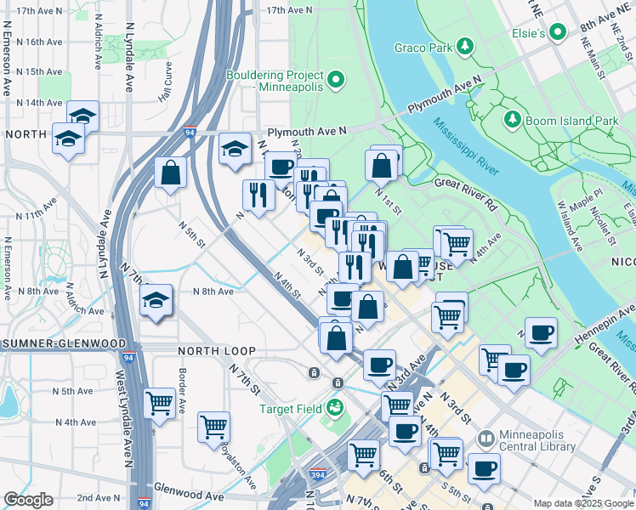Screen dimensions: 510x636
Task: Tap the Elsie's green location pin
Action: [x=558, y=33]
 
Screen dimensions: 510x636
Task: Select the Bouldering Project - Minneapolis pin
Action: [x=335, y=81]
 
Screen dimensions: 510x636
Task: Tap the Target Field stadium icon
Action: [x=335, y=409]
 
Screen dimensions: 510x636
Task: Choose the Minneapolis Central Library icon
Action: [x=485, y=439]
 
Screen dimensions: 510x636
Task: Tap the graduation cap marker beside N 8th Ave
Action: [x=156, y=301]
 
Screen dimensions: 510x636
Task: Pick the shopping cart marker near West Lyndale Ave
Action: [x=160, y=403]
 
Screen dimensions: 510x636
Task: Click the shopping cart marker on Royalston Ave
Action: [x=214, y=425]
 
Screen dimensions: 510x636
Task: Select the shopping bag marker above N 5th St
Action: [x=171, y=173]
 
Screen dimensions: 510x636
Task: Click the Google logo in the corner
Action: [x=28, y=500]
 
